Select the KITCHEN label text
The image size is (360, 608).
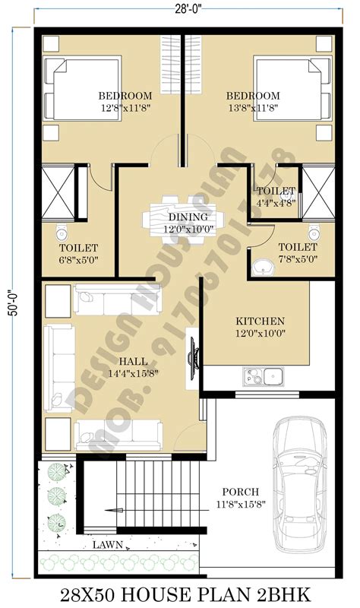pos(260,321)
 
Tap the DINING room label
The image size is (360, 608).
pos(182,217)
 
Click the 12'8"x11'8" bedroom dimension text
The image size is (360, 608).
pos(125,108)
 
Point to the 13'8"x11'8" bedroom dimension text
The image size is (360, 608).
pos(253,108)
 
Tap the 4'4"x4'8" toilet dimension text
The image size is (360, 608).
pos(276,203)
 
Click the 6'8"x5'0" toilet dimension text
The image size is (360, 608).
pos(78,260)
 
